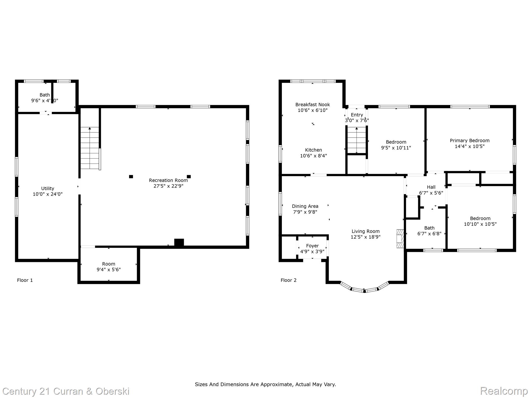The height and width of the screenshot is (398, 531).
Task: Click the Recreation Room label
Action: pyautogui.click(x=168, y=180)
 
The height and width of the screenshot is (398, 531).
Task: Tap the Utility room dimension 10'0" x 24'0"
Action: pyautogui.click(x=48, y=194)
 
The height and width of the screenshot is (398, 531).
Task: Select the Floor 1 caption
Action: pyautogui.click(x=25, y=280)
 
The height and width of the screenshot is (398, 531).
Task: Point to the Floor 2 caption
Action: pyautogui.click(x=288, y=280)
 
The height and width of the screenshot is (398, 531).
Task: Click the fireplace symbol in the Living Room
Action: pyautogui.click(x=400, y=239)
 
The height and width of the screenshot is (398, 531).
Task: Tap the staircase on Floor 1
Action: pyautogui.click(x=90, y=148)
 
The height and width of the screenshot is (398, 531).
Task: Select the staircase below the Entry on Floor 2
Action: pyautogui.click(x=357, y=140)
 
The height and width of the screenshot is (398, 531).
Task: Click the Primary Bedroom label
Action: pyautogui.click(x=470, y=140)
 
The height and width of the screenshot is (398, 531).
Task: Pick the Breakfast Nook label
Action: pyautogui.click(x=312, y=104)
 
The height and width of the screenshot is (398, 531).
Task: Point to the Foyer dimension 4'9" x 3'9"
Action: pyautogui.click(x=312, y=251)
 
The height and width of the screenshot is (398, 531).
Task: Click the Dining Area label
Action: pyautogui.click(x=305, y=206)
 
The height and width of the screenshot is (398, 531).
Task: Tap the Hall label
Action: pyautogui.click(x=431, y=187)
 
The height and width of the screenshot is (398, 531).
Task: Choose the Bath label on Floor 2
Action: pyautogui.click(x=429, y=228)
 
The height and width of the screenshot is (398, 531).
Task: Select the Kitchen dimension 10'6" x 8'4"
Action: pyautogui.click(x=313, y=156)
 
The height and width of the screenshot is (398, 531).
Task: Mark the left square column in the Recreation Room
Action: pyautogui.click(x=131, y=177)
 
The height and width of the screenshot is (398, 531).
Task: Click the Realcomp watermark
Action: pyautogui.click(x=504, y=391)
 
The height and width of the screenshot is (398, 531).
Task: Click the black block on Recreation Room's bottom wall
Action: pyautogui.click(x=179, y=243)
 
